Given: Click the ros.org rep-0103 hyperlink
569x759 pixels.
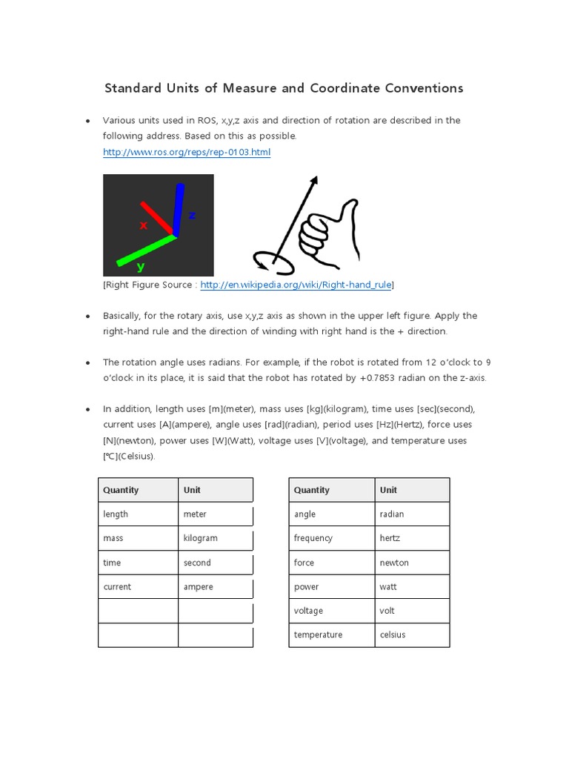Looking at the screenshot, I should pyautogui.click(x=187, y=152).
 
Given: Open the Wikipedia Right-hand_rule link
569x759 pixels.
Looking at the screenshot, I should pyautogui.click(x=296, y=284).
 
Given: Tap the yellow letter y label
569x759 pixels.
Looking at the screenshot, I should pyautogui.click(x=140, y=265).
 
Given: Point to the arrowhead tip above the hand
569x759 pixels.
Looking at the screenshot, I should pyautogui.click(x=316, y=179).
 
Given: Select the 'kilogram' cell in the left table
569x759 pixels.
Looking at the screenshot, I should pyautogui.click(x=201, y=538).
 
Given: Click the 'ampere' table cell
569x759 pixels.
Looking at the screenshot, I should pyautogui.click(x=199, y=586).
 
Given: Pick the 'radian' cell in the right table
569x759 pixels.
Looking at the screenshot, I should pyautogui.click(x=392, y=514).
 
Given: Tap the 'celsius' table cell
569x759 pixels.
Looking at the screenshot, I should pyautogui.click(x=393, y=634).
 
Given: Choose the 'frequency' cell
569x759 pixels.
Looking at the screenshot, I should pyautogui.click(x=313, y=538).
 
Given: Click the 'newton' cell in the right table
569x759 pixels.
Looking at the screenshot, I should pyautogui.click(x=394, y=563).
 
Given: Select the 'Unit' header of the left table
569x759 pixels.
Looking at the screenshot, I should pyautogui.click(x=192, y=490).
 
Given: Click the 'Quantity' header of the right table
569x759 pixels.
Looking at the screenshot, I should pyautogui.click(x=312, y=490).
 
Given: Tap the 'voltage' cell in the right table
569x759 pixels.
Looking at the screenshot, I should pyautogui.click(x=308, y=611).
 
